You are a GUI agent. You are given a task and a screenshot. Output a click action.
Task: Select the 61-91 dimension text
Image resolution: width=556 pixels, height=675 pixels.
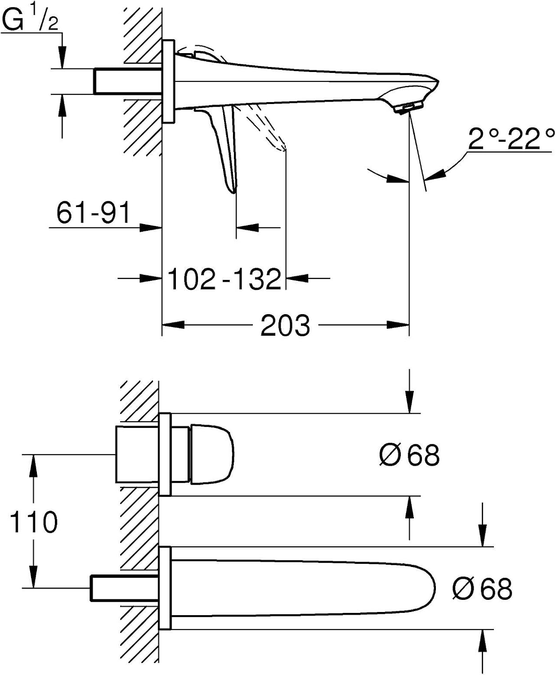click(94, 212)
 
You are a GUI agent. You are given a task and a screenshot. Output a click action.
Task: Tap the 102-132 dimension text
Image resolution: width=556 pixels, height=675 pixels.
click(225, 279)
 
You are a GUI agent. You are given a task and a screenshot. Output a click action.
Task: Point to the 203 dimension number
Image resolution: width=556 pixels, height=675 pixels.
click(285, 325)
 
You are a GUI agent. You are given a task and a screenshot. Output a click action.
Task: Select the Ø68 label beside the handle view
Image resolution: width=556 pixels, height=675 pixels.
click(409, 455)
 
